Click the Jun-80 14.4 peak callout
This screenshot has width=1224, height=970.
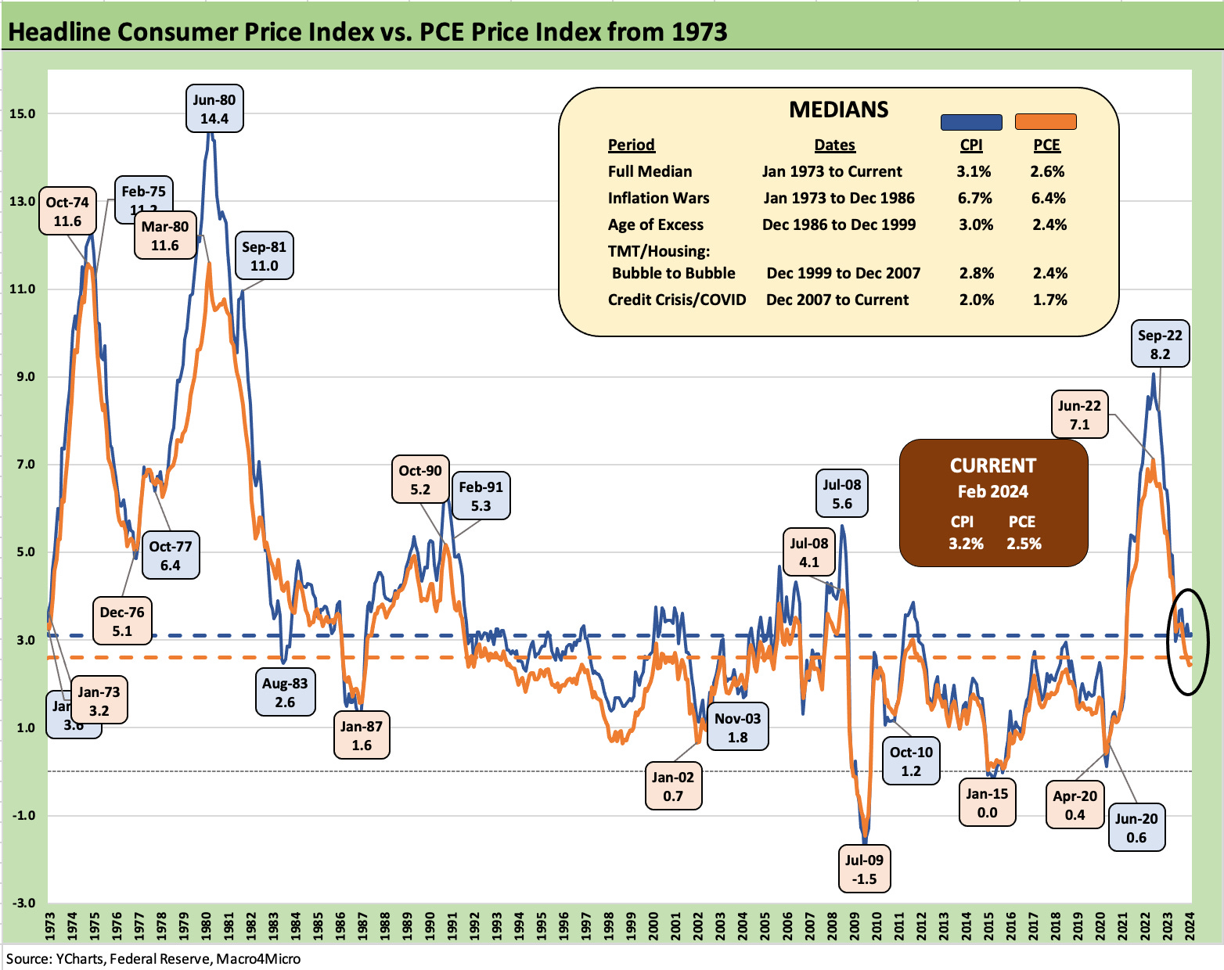pyautogui.click(x=214, y=109)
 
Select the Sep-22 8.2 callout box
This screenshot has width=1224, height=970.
pyautogui.click(x=1160, y=344)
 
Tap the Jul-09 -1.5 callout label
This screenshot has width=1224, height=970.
pyautogui.click(x=864, y=869)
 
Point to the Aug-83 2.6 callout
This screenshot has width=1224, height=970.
pyautogui.click(x=285, y=692)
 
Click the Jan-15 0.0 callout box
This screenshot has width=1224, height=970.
pyautogui.click(x=987, y=803)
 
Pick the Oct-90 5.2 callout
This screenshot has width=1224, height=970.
pyautogui.click(x=420, y=480)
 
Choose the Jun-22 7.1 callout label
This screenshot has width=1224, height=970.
pyautogui.click(x=1079, y=415)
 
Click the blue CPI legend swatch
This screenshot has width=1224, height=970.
pyautogui.click(x=970, y=122)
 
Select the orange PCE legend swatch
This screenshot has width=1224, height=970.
pyautogui.click(x=1046, y=122)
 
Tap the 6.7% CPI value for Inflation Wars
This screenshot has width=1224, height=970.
pyautogui.click(x=974, y=198)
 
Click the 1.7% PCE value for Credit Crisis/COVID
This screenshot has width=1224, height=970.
pyautogui.click(x=1049, y=300)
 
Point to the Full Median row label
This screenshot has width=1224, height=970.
pyautogui.click(x=650, y=171)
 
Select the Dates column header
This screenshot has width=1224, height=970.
pyautogui.click(x=834, y=145)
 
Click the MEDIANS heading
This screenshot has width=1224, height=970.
pyautogui.click(x=838, y=110)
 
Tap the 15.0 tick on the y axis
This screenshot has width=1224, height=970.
pyautogui.click(x=22, y=113)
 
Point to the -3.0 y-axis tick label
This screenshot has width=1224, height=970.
pyautogui.click(x=22, y=903)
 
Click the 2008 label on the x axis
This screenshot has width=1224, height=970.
pyautogui.click(x=832, y=925)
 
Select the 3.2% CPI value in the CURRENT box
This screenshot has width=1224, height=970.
pyautogui.click(x=966, y=544)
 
